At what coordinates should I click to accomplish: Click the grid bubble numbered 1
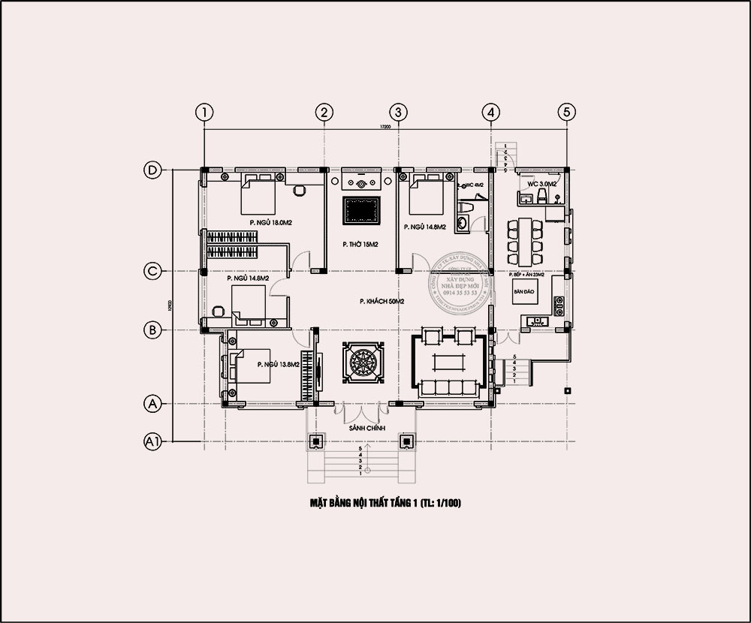[204, 112]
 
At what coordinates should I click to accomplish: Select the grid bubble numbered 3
[398, 112]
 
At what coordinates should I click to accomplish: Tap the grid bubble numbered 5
[567, 112]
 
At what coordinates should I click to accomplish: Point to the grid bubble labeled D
[152, 171]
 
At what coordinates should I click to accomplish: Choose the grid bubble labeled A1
[152, 442]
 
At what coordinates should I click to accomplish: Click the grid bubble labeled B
[152, 329]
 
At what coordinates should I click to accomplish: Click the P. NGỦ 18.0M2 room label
[270, 223]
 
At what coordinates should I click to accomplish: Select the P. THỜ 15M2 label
[360, 244]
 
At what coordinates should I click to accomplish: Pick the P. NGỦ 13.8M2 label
[278, 364]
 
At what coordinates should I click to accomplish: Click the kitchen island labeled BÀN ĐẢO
[523, 291]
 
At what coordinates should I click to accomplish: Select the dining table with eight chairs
[524, 239]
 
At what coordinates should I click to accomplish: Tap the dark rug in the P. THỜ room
[363, 210]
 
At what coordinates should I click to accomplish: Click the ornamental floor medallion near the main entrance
[363, 363]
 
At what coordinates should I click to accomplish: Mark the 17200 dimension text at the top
[385, 128]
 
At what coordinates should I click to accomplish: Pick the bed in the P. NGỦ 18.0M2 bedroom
[258, 196]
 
